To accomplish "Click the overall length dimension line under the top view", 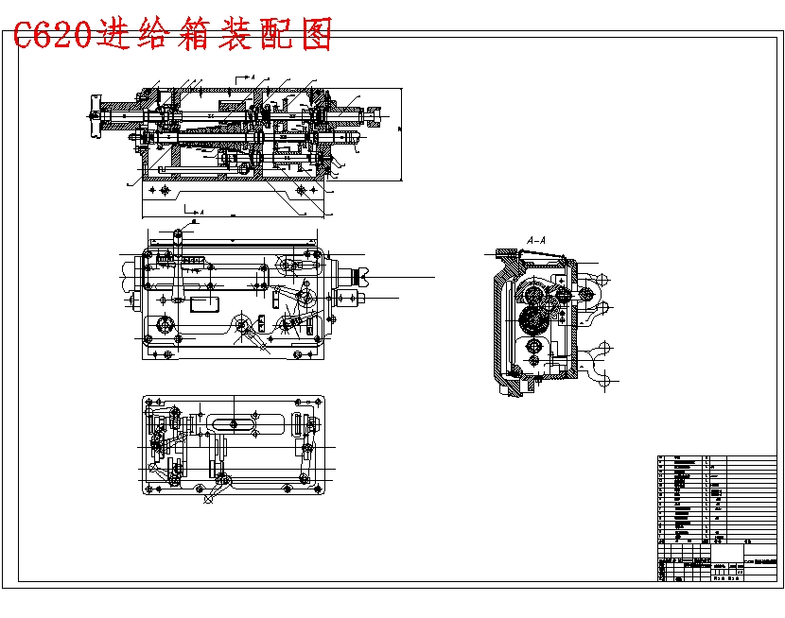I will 232,215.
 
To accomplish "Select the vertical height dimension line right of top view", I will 404,132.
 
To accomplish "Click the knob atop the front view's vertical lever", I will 179,232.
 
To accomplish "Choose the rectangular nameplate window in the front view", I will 204,303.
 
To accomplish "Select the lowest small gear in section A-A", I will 535,359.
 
